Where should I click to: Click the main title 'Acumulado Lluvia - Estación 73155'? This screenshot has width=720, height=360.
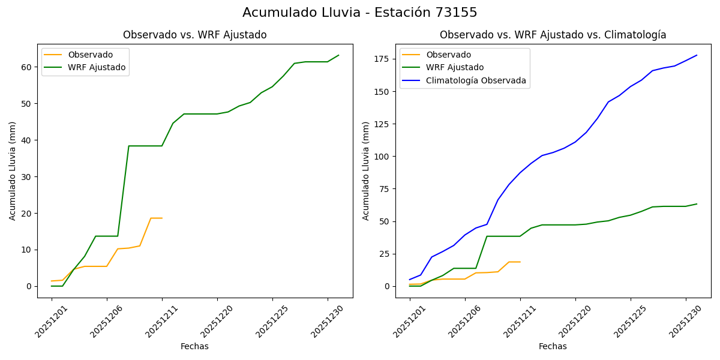pos(360,13)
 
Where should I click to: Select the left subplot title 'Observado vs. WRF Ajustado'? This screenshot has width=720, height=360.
pos(195,35)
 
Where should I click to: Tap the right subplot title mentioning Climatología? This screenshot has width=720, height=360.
pos(553,35)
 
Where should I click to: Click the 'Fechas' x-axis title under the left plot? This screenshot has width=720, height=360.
pos(194,346)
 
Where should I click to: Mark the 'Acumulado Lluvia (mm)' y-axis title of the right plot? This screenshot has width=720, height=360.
pos(366,171)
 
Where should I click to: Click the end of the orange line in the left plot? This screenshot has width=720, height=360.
pos(162,218)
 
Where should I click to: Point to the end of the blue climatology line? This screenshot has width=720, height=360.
pos(697,55)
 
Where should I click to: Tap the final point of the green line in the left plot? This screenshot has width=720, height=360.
pos(338,55)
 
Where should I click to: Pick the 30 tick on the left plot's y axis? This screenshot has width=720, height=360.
pos(28,177)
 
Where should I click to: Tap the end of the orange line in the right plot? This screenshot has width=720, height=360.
pos(520,262)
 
